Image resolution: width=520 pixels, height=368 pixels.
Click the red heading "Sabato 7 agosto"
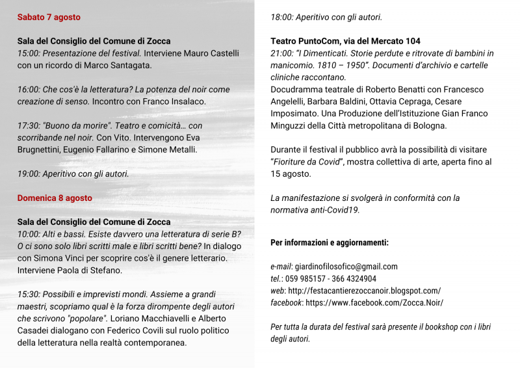click(49, 17)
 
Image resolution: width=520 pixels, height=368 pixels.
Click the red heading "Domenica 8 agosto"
click(55, 198)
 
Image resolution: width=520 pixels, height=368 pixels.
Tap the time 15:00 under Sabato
click(29, 53)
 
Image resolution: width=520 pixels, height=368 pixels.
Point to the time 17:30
click(29, 125)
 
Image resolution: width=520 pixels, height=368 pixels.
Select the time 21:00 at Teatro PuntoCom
click(282, 53)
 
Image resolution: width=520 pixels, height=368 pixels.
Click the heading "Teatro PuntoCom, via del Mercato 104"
click(345, 41)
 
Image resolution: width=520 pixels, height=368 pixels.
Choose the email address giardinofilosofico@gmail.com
click(346, 267)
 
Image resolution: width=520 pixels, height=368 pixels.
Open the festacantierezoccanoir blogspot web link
click(364, 291)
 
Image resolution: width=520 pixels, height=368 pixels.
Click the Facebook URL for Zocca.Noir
click(374, 302)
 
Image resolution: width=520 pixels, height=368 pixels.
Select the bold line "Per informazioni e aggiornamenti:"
click(330, 243)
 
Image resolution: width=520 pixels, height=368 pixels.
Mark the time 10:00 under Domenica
click(29, 234)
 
